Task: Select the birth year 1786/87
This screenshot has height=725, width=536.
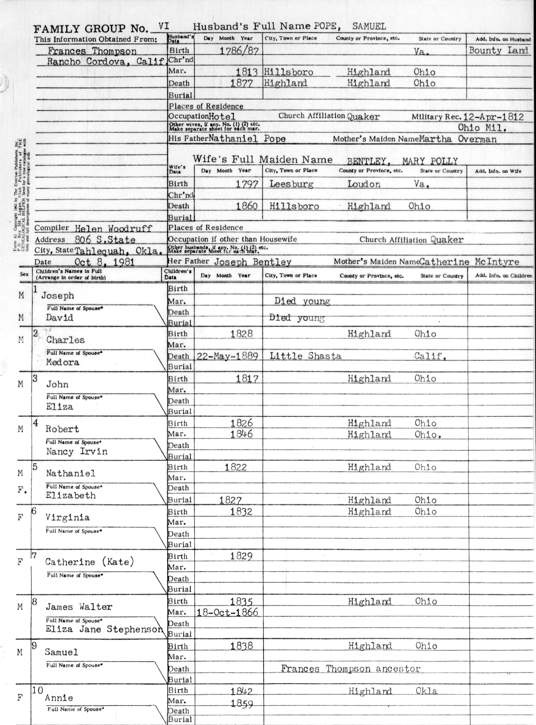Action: coord(239,51)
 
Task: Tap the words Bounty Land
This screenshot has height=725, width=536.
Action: coord(499,50)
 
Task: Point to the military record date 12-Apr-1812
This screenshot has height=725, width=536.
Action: coord(493,117)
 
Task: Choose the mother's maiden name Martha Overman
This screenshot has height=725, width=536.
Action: coord(458,139)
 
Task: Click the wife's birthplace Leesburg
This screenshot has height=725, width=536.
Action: coord(291,184)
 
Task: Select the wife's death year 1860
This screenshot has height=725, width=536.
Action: coord(246,206)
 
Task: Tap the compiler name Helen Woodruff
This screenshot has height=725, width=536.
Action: coord(113,229)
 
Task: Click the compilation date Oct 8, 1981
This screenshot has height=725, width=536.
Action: coord(104,262)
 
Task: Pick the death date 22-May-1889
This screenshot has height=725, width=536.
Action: coord(227,356)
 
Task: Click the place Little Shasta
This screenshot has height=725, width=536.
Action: coord(305,356)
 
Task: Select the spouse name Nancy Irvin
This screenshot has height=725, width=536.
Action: coord(76,451)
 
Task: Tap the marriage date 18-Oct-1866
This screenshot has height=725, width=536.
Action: coord(227,612)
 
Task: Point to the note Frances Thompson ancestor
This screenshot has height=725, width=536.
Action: coord(351,669)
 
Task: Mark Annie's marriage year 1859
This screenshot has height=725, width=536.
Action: coord(242,704)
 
